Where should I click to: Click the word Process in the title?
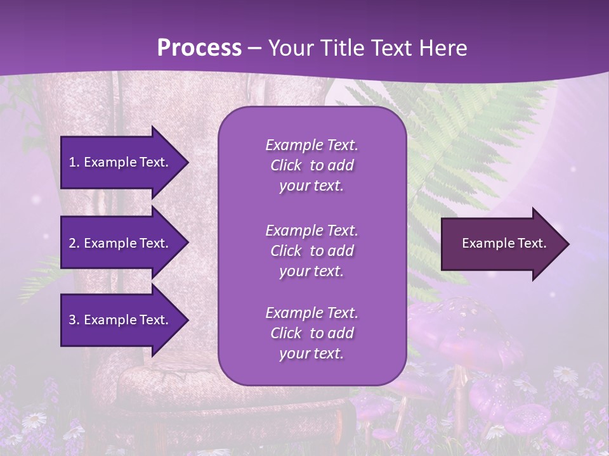click(199, 47)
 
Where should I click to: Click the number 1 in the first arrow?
click(72, 162)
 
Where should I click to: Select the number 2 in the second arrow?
click(72, 243)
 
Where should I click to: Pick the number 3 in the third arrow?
click(72, 320)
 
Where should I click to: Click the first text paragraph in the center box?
click(311, 165)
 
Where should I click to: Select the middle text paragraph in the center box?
click(311, 251)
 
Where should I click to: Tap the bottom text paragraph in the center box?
click(311, 333)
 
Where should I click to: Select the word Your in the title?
click(289, 47)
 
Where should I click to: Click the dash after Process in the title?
click(255, 48)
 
